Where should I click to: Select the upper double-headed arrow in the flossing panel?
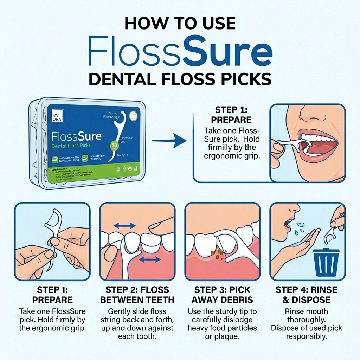[x=125, y=226]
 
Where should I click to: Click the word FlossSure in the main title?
[x=180, y=52]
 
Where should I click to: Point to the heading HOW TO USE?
[x=180, y=23]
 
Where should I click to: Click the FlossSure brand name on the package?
[x=76, y=136]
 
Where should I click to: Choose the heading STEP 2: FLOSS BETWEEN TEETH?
[x=137, y=295]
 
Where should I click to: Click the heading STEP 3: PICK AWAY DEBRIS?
[x=222, y=295]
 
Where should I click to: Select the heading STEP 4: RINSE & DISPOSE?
[x=307, y=295]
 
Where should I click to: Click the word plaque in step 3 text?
[x=231, y=336]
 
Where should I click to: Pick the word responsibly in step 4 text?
[x=307, y=336]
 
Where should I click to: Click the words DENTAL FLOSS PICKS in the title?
[x=180, y=79]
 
